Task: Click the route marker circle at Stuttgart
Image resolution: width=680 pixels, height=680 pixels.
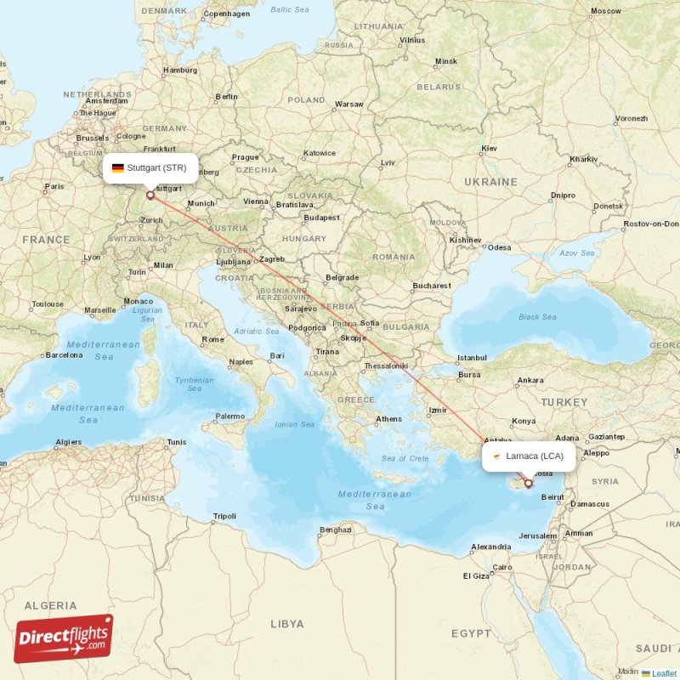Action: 150,195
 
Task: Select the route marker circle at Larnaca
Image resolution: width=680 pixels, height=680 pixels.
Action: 528,484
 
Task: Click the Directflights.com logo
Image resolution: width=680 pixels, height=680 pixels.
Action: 64,638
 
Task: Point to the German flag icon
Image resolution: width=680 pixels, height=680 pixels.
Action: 117,167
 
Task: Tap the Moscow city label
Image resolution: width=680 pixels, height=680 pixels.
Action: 605,12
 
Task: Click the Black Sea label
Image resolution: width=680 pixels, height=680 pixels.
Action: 537,317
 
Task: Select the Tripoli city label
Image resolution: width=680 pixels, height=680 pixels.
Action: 224,516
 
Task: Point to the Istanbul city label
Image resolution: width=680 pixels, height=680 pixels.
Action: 471,358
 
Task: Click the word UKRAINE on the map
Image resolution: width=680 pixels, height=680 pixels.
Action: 490,182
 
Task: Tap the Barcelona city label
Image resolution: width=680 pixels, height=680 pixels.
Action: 64,355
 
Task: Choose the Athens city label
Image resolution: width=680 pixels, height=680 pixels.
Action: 388,419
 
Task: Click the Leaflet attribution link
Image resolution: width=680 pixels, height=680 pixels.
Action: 664,673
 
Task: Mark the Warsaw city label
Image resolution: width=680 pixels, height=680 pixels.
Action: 348,105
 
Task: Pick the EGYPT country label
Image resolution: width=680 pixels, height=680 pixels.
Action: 471,633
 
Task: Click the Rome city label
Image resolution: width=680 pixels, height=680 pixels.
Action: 212,339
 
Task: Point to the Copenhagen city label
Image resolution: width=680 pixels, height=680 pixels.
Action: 226,14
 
